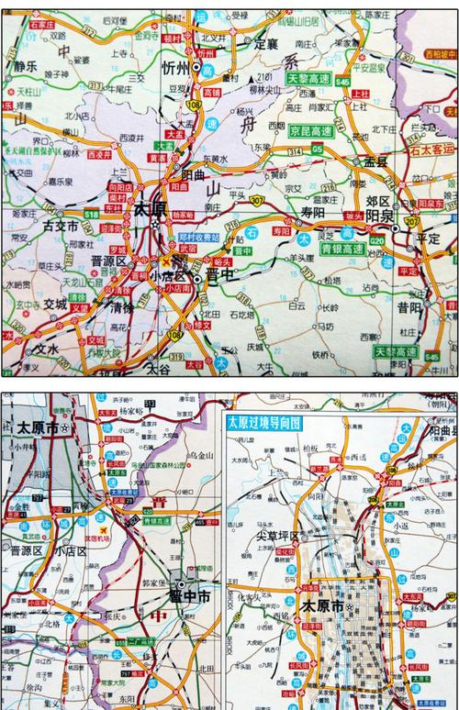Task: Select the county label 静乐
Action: pos(25,66)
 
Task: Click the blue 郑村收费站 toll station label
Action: pos(199,237)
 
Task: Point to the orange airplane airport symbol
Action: pos(106,529)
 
